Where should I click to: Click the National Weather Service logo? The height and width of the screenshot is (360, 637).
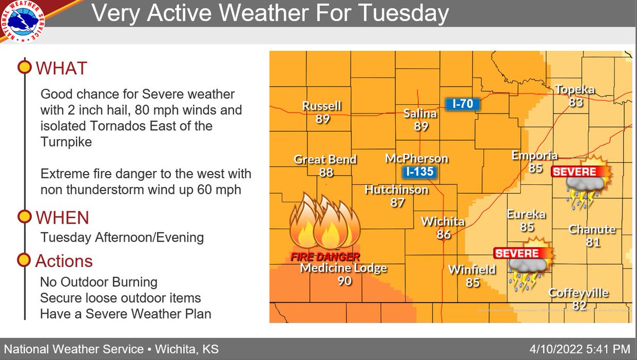[x=22, y=22]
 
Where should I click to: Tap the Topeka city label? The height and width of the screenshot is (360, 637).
[x=574, y=89]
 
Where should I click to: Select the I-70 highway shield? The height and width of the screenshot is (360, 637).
[x=462, y=104]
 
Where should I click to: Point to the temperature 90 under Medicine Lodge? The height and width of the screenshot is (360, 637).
[x=345, y=281]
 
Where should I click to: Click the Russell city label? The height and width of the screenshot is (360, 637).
[x=322, y=106]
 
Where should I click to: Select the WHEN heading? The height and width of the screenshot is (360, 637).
[x=62, y=217]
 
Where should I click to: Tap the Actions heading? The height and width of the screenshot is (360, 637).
[x=64, y=261]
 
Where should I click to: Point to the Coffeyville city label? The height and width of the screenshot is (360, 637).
[x=578, y=293]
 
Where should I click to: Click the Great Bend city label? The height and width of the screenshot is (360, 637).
[x=325, y=159]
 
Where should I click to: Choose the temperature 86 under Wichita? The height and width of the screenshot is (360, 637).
[x=444, y=234]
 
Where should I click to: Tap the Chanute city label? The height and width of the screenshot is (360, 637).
[x=592, y=230]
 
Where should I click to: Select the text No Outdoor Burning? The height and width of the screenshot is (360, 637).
[x=99, y=281]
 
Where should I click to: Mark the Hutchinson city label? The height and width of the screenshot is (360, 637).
[x=397, y=190]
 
